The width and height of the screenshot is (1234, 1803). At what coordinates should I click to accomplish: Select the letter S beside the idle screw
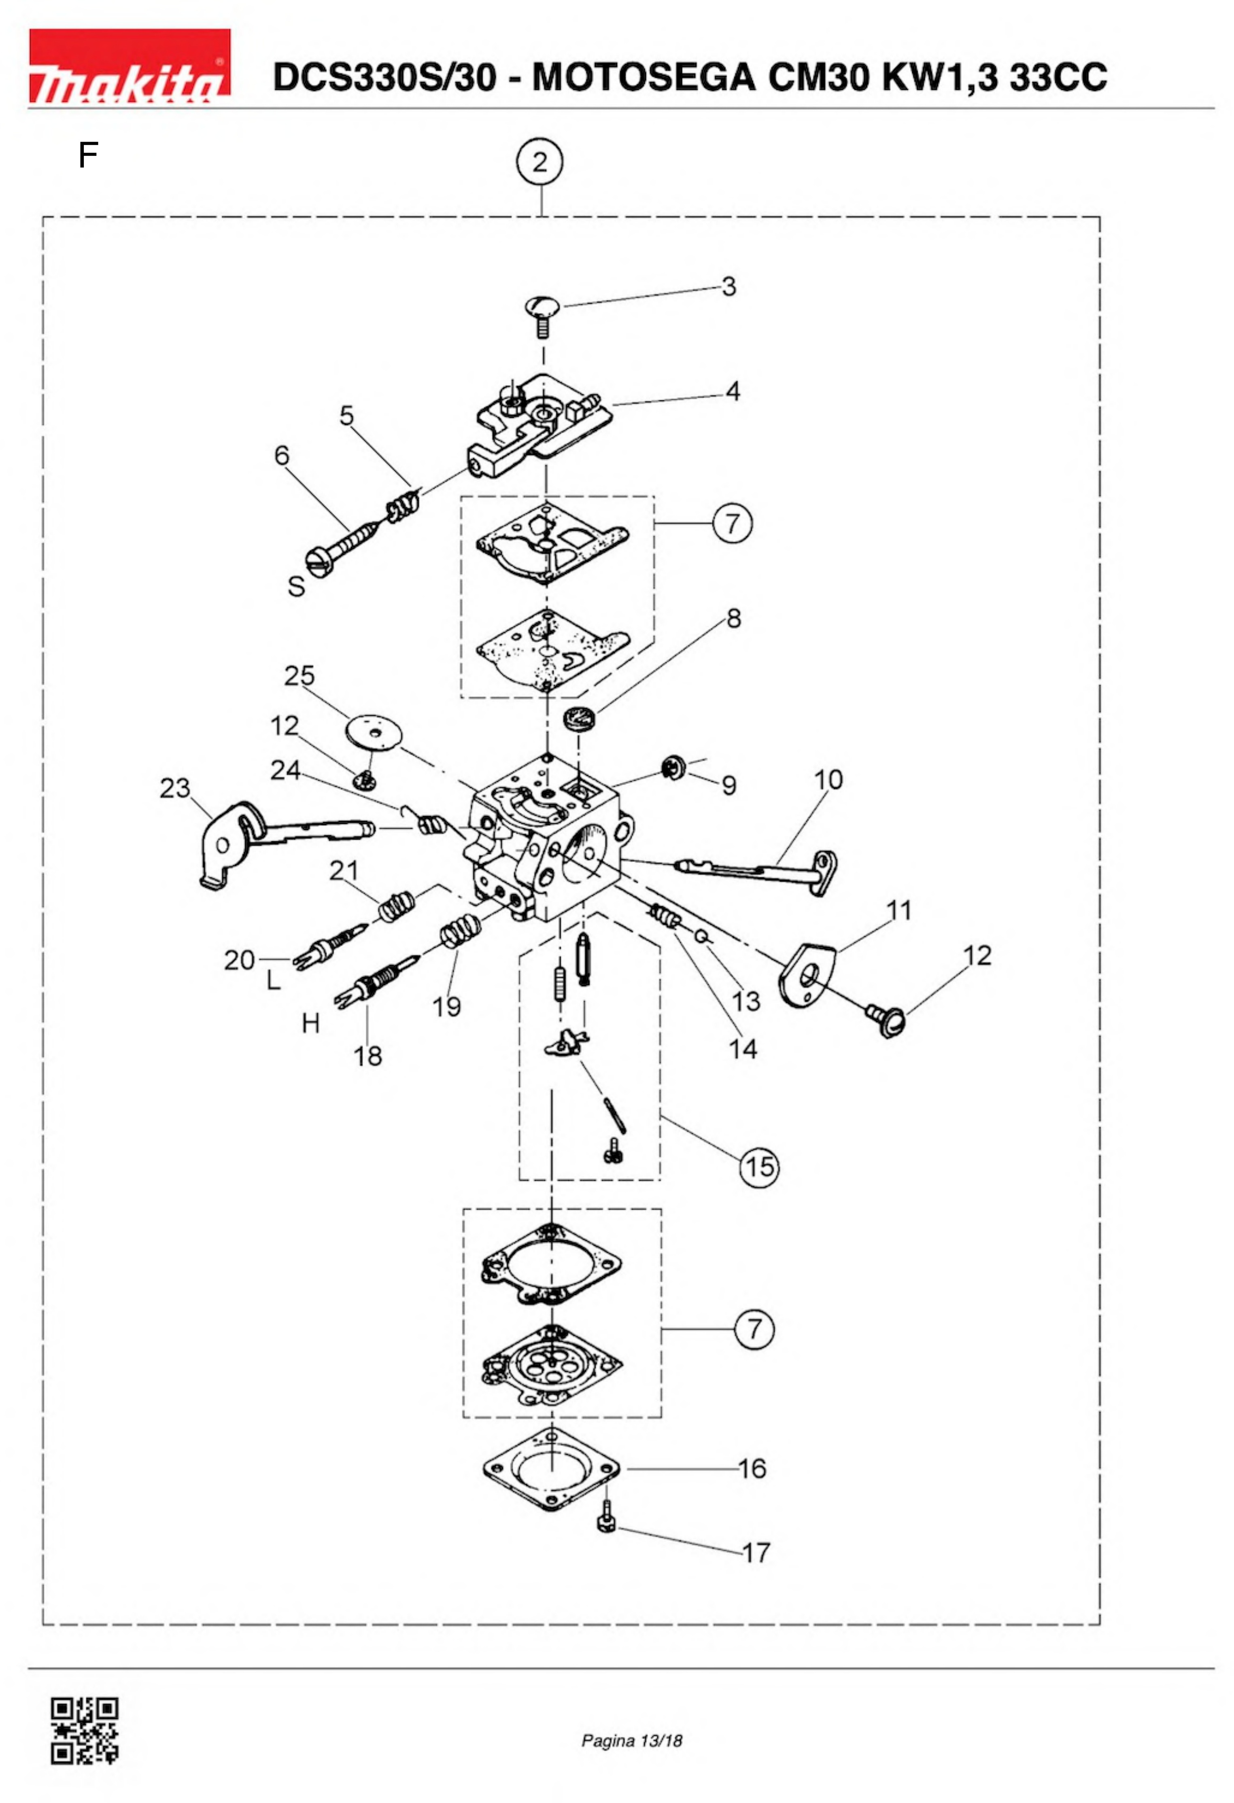296,587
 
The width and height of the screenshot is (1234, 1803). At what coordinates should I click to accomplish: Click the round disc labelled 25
375,732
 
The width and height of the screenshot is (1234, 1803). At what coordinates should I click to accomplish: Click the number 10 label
828,780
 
